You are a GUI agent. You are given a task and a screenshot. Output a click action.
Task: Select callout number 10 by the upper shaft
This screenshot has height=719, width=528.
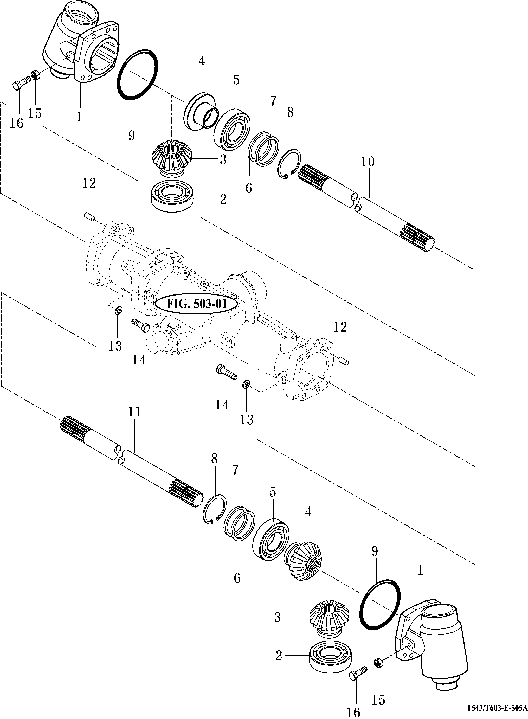coord(368,162)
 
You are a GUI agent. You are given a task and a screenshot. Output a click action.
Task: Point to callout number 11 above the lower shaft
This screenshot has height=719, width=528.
coord(134,412)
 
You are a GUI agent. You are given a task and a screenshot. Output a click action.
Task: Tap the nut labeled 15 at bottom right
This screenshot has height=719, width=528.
coord(377,662)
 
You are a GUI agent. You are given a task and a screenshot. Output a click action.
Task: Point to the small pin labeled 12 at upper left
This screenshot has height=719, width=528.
coord(89,216)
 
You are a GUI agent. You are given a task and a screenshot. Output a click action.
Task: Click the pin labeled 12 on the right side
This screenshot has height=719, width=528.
coord(344,361)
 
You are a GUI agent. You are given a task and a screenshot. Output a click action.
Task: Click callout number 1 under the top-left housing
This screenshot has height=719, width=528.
coord(79,117)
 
